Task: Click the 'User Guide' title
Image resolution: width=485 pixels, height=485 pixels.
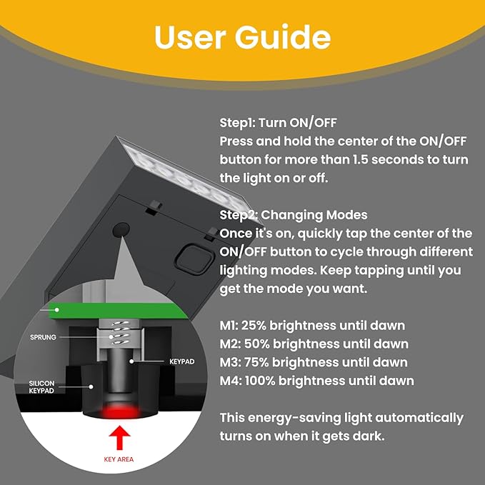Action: [x=242, y=37]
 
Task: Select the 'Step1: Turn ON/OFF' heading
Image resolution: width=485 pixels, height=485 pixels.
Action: [x=278, y=122]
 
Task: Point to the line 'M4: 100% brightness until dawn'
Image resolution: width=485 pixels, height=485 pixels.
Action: [x=316, y=381]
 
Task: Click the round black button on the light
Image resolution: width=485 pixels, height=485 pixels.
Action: [x=121, y=230]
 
